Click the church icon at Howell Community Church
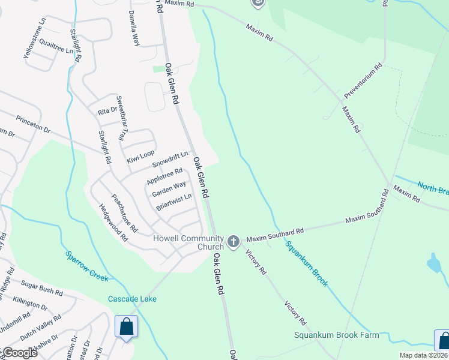coord(233,242)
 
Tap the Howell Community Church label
coord(188,242)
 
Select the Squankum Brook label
coord(306,263)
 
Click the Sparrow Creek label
coord(86,265)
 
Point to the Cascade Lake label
coord(132,299)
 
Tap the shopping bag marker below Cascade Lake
coord(127,328)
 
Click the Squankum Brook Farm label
coord(337,335)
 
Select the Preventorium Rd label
coord(363,83)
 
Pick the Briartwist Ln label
coord(173,202)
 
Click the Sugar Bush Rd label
coord(42,284)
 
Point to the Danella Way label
coord(135,29)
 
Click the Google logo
coord(20,352)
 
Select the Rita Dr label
coord(107,112)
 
